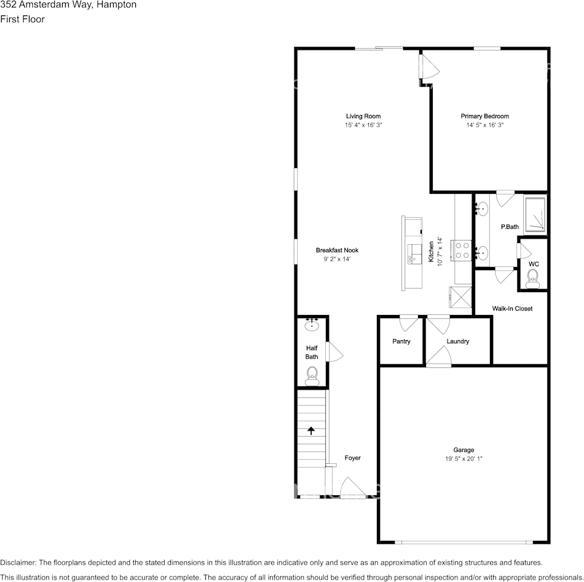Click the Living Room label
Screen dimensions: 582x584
coord(363,116)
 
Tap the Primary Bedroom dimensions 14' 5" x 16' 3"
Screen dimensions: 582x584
coord(484,125)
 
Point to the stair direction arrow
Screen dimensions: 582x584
coord(310,431)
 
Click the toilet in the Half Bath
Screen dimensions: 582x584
coord(312,374)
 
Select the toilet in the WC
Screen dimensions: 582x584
coord(532,281)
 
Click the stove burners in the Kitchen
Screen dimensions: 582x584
coord(462,249)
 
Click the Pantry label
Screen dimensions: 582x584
coord(401,341)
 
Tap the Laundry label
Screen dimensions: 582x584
coord(458,341)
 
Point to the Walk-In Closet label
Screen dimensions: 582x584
coord(511,308)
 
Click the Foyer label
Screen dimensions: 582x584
coord(352,458)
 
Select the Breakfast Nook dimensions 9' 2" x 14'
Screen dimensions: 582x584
coord(337,259)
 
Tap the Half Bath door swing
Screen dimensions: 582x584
coord(334,353)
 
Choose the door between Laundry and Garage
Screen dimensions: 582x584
coord(439,356)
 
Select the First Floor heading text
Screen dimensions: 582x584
coord(22,19)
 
